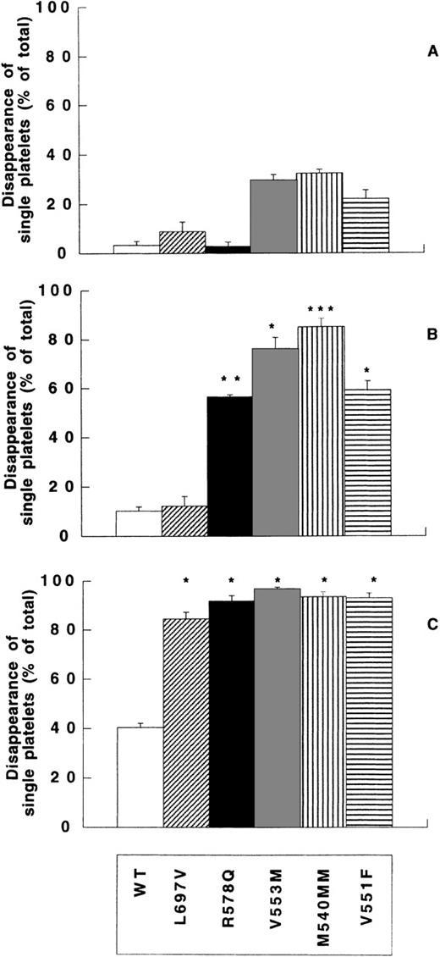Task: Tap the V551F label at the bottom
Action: click(x=365, y=899)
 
